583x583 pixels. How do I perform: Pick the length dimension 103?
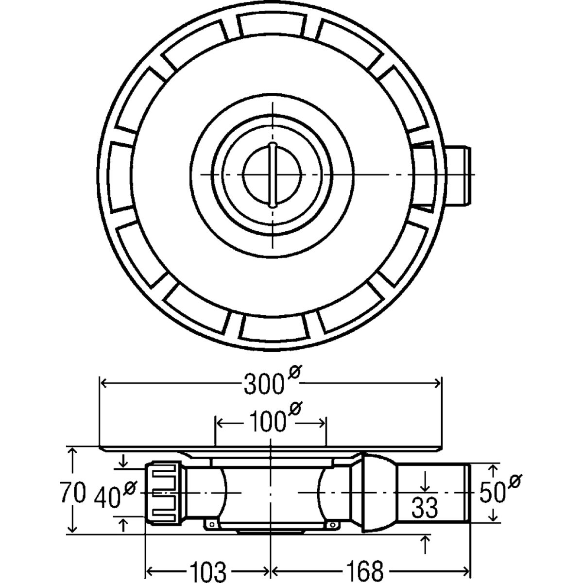pos(207,569)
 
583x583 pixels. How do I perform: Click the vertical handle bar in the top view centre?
pos(273,174)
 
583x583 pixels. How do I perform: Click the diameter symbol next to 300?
pos(293,374)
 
